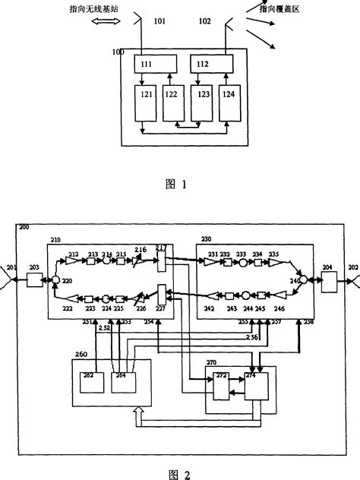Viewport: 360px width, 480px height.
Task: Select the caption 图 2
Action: tap(180, 472)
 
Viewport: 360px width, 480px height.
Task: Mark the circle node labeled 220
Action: tap(55, 281)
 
